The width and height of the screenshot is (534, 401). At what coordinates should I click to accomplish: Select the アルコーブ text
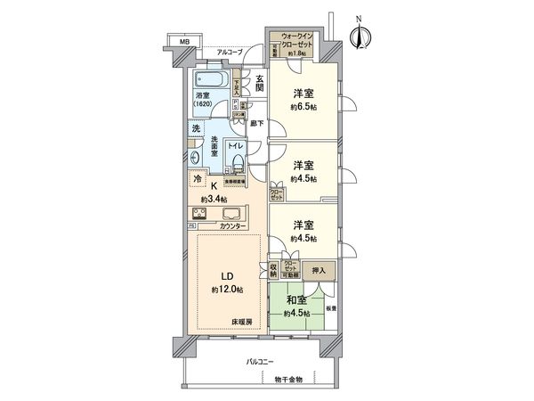[x=233, y=53]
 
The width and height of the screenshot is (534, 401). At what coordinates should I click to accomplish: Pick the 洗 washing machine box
[x=195, y=128]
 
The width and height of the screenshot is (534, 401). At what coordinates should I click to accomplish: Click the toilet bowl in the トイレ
[x=236, y=161]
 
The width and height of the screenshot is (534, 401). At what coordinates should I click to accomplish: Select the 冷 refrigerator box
[x=196, y=179]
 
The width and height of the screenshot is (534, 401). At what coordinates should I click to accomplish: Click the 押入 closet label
[x=317, y=270]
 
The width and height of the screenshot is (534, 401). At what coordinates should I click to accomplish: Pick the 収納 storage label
[x=273, y=271]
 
